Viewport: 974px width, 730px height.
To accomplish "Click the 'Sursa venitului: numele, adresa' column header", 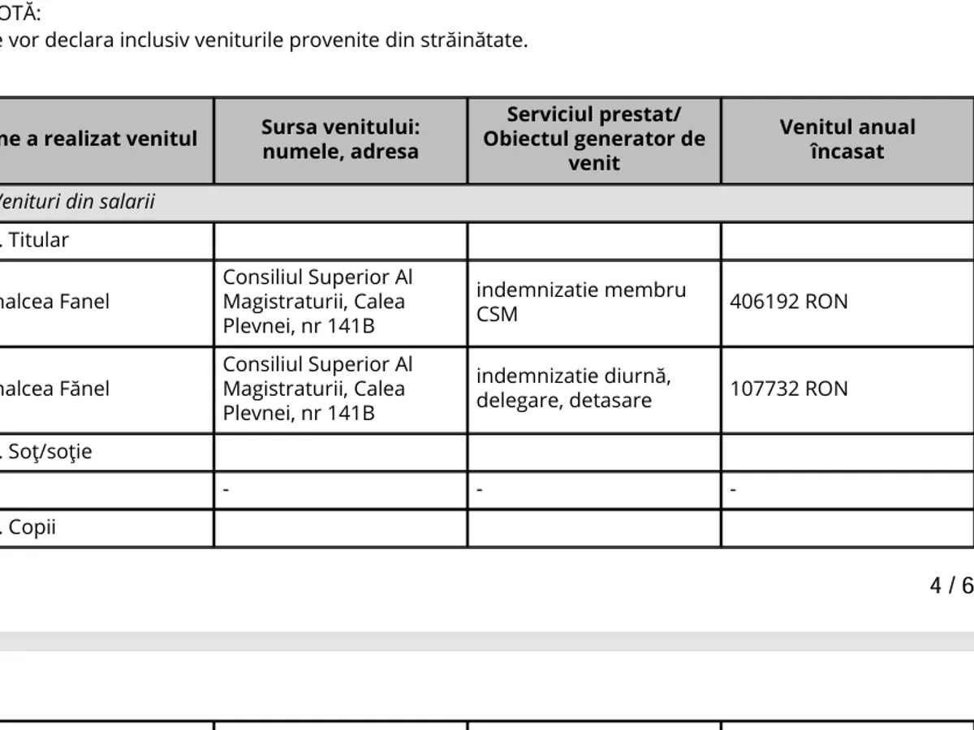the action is (x=340, y=140).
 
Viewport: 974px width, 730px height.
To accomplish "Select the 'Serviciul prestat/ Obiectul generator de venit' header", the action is (x=594, y=139).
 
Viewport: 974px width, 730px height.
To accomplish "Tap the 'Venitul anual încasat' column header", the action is (x=847, y=139).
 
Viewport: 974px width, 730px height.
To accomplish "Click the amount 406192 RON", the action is (x=788, y=302).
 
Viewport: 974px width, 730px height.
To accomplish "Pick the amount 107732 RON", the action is (x=788, y=389).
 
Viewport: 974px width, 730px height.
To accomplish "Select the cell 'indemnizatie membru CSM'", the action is (x=580, y=302).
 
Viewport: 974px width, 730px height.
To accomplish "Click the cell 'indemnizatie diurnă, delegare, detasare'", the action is (x=573, y=389).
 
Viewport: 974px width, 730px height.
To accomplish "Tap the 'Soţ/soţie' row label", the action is (x=50, y=452).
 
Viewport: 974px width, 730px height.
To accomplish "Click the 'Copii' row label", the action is (x=32, y=528).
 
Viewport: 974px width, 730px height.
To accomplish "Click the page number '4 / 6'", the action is (x=950, y=586).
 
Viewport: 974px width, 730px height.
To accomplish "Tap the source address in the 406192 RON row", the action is (x=317, y=302).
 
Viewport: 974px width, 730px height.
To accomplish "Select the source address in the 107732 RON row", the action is (x=317, y=389).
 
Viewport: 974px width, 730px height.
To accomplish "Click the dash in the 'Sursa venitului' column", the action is (x=226, y=490).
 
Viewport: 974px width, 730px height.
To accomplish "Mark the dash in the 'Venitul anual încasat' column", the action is (x=733, y=490).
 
